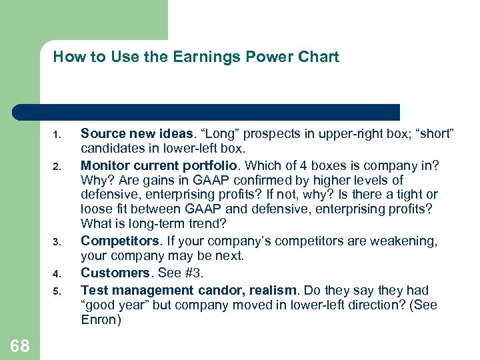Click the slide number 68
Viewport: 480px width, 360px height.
20,345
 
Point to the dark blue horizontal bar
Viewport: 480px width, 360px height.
207,112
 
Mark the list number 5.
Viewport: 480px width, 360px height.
58,291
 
